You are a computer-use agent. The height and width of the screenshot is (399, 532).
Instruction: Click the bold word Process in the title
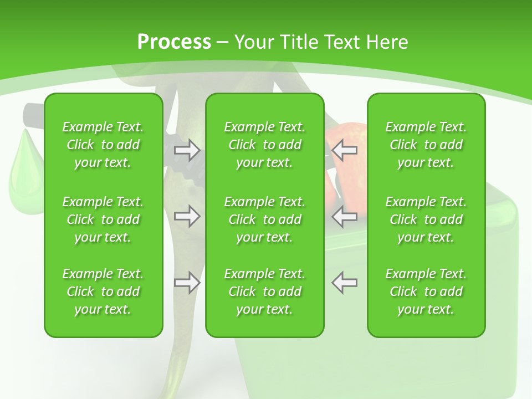(x=174, y=42)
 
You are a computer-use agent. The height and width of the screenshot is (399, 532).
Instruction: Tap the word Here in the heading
(x=386, y=42)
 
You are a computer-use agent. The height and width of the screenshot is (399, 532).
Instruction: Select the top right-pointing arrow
(x=187, y=150)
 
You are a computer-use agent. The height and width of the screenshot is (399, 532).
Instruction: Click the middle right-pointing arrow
(x=187, y=216)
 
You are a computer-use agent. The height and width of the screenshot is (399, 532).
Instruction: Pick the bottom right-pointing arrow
(x=187, y=283)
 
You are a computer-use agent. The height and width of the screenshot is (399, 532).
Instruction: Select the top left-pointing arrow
(x=345, y=150)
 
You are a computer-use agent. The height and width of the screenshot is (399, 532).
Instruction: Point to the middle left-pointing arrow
(x=345, y=216)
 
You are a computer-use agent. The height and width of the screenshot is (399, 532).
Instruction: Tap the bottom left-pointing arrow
(x=345, y=283)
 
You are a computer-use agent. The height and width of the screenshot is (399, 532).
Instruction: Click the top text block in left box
(x=103, y=145)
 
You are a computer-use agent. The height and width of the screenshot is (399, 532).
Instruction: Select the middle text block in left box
(x=103, y=219)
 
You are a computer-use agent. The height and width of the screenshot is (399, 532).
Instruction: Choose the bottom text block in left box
(x=103, y=291)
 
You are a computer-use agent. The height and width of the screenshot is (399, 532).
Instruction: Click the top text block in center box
(x=265, y=145)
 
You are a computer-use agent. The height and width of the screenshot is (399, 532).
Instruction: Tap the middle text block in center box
(x=265, y=219)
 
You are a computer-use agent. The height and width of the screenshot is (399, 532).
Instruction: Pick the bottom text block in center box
(x=265, y=291)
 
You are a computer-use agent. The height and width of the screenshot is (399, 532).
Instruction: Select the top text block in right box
(x=426, y=145)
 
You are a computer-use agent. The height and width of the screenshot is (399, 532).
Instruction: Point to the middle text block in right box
(x=426, y=219)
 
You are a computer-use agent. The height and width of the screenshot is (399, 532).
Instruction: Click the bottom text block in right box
(x=426, y=291)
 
